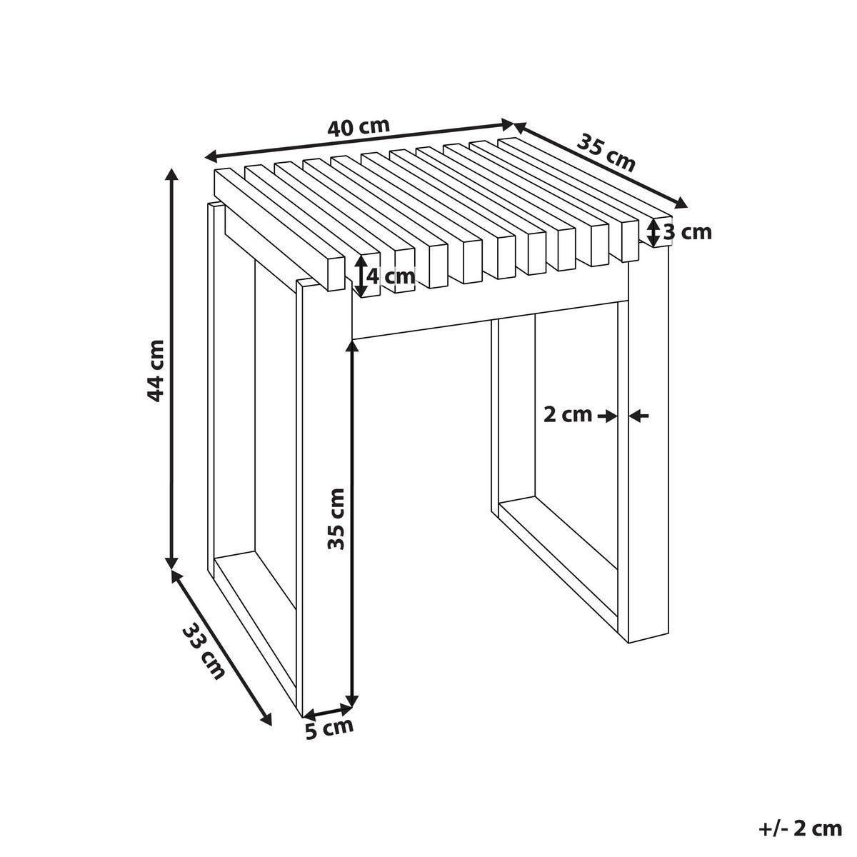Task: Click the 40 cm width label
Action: coord(359,127)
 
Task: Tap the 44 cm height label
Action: coord(156,371)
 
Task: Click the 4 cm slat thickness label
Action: coord(391,276)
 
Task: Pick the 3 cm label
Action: coord(688,232)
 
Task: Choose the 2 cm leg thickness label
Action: coord(568,416)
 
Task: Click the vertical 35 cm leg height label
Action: coord(336,519)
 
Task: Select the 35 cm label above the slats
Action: coord(606,154)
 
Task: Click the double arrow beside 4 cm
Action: coord(361,275)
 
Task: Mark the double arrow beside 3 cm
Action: coord(653,231)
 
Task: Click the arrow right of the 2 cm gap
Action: coord(639,416)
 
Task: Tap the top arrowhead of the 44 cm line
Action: coord(171,176)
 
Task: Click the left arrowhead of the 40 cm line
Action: coord(211,156)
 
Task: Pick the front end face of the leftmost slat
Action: coord(336,273)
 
